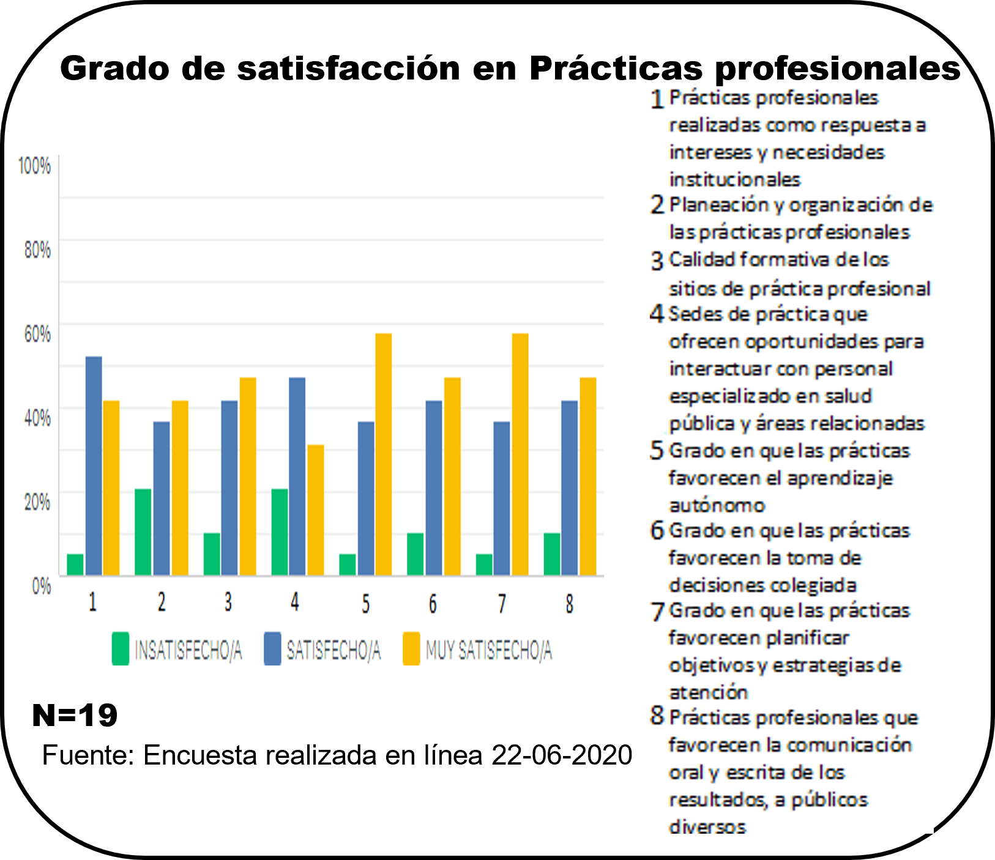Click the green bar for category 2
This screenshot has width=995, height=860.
click(x=143, y=532)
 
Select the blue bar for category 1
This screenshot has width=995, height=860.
click(x=94, y=465)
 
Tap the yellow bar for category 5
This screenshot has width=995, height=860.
click(x=384, y=454)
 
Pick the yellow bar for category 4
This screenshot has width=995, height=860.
click(x=316, y=510)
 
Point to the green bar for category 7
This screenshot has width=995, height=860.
click(x=484, y=565)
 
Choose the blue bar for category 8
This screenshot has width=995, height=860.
click(x=569, y=487)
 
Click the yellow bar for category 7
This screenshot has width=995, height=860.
click(x=520, y=454)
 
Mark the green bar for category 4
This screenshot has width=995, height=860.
click(x=280, y=532)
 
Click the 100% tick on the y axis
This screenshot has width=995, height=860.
click(x=35, y=166)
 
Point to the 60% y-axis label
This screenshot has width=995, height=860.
click(x=37, y=334)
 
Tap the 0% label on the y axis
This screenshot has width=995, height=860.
click(x=41, y=587)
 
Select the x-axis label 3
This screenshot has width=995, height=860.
click(x=228, y=602)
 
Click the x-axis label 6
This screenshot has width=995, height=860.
click(x=433, y=604)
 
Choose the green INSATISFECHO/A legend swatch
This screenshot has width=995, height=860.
click(x=121, y=648)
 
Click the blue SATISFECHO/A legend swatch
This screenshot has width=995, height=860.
click(x=272, y=648)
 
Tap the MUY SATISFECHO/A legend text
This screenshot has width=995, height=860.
click(x=488, y=650)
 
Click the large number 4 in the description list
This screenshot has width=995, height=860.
click(x=657, y=314)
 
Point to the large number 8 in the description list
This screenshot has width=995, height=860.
click(x=657, y=716)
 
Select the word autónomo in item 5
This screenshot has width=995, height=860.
click(x=717, y=505)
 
